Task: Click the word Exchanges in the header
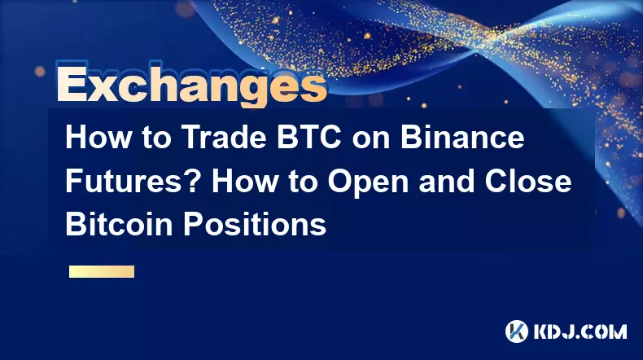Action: [192, 85]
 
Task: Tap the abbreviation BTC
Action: [308, 137]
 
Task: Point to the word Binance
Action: [462, 137]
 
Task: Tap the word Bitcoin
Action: [119, 224]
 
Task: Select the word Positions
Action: [254, 224]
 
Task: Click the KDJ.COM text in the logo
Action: [580, 331]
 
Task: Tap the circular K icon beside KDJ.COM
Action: [517, 331]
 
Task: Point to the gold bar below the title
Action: [102, 271]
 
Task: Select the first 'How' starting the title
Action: [98, 137]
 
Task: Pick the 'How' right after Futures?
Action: [244, 181]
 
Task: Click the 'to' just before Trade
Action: [156, 138]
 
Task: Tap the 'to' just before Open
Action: [302, 182]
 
